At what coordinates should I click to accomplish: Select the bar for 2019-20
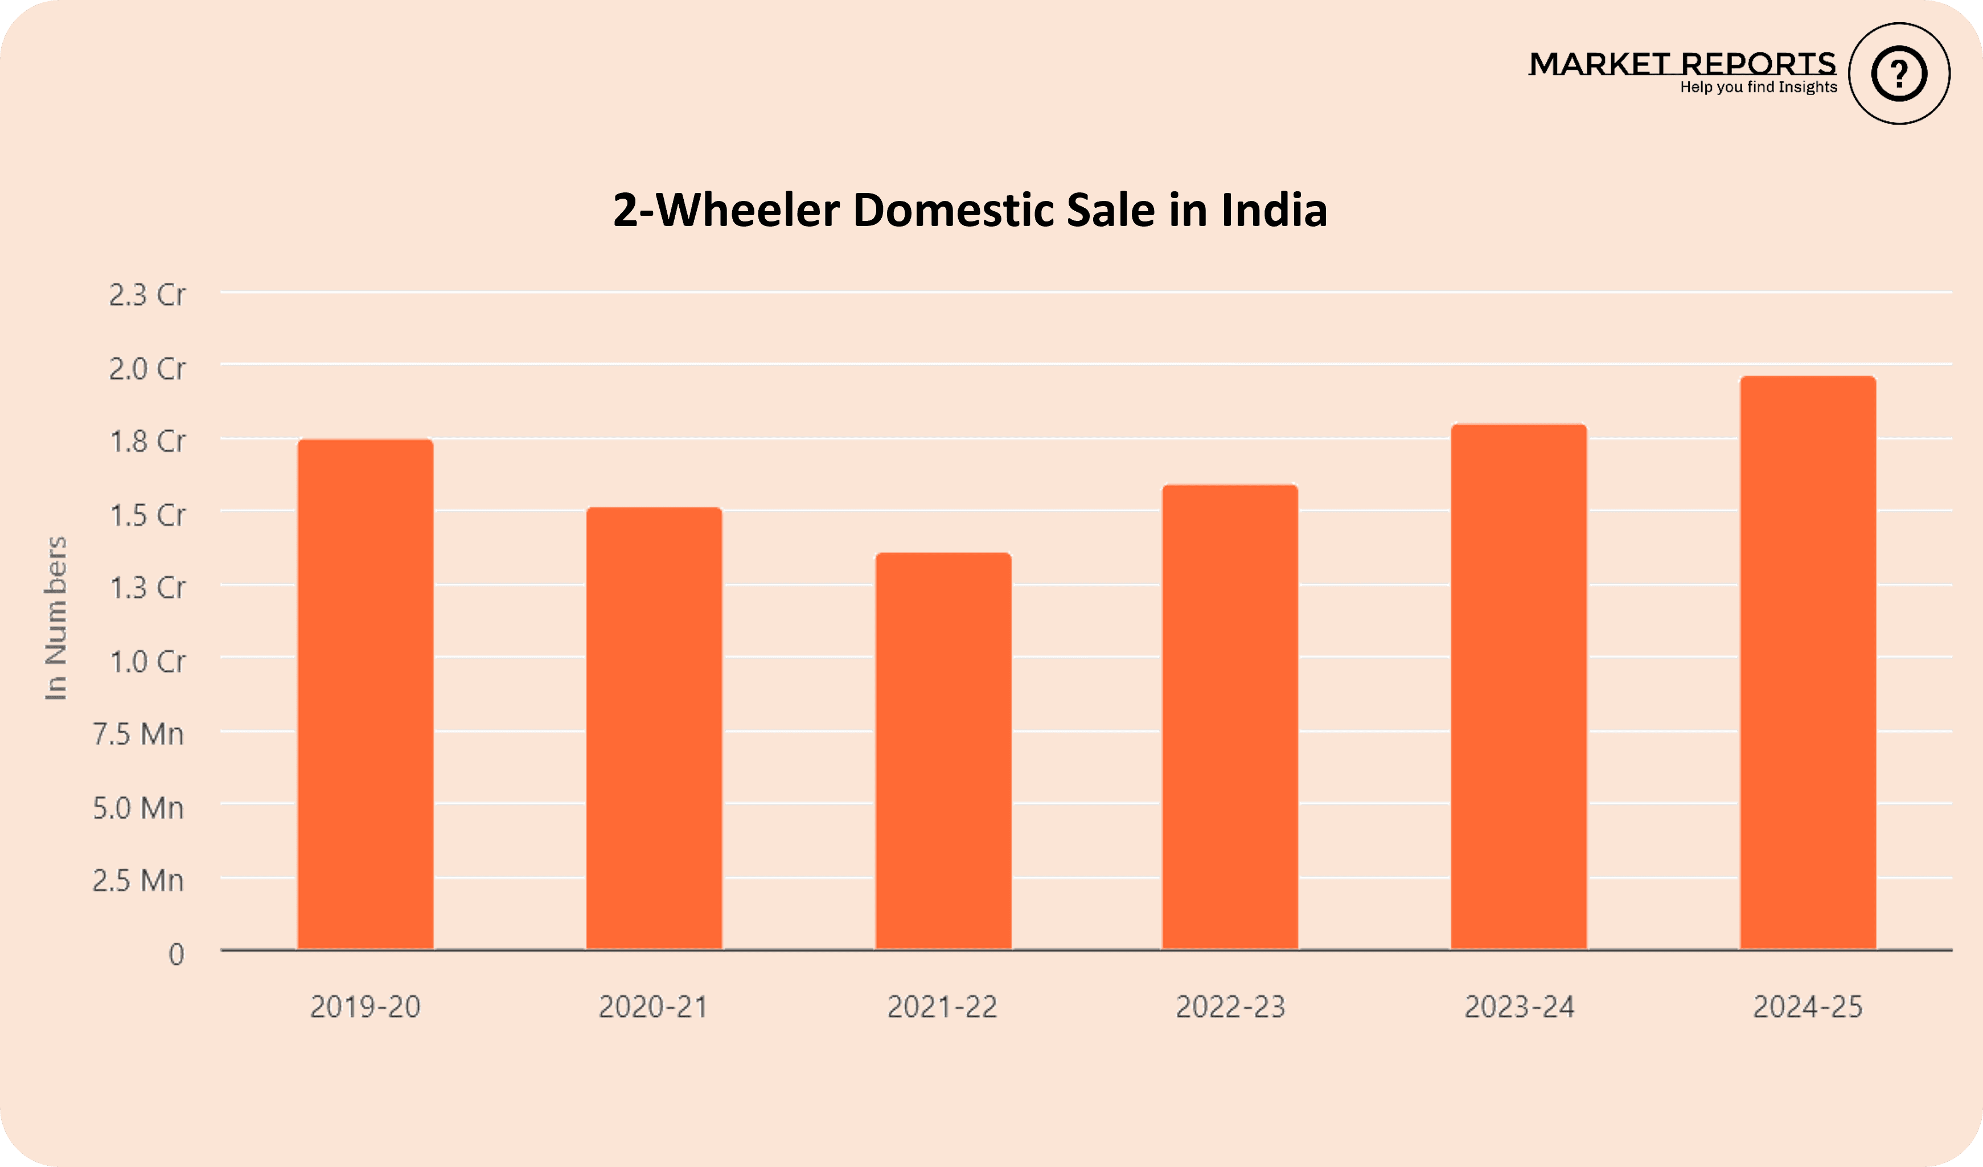(365, 694)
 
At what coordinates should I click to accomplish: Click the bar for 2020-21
(654, 728)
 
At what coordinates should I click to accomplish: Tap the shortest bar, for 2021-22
(943, 751)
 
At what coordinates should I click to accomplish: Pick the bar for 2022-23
(1230, 717)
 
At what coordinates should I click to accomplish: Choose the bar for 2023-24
(1519, 686)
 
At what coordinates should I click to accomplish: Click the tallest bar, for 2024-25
(1808, 663)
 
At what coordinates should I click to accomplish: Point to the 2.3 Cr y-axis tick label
(147, 295)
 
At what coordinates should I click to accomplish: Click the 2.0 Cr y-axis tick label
(147, 368)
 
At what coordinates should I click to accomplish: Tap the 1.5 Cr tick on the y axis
(147, 515)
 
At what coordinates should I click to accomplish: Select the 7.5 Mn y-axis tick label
(138, 734)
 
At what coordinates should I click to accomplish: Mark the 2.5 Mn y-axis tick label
(138, 881)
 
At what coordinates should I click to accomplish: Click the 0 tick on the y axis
(176, 955)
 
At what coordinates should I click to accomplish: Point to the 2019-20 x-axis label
(365, 1007)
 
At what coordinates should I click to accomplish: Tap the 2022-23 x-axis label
(1230, 1007)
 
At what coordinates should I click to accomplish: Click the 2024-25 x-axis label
(1808, 1007)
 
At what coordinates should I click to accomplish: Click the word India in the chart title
(1274, 210)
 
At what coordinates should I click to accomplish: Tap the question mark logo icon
(1899, 74)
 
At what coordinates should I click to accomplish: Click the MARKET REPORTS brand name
(1682, 64)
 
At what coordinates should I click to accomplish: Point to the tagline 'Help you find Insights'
(1758, 87)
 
